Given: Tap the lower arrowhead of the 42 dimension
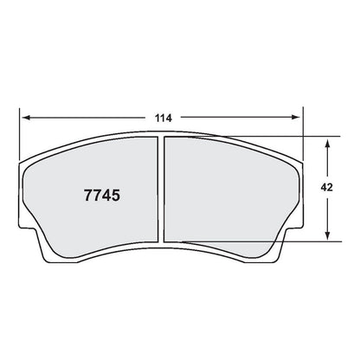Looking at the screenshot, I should point(328,235).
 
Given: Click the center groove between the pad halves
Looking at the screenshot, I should point(160,190).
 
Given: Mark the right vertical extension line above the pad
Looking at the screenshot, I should point(305,130).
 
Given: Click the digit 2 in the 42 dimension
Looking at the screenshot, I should point(349,185).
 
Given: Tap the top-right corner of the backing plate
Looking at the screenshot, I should point(303,161).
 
